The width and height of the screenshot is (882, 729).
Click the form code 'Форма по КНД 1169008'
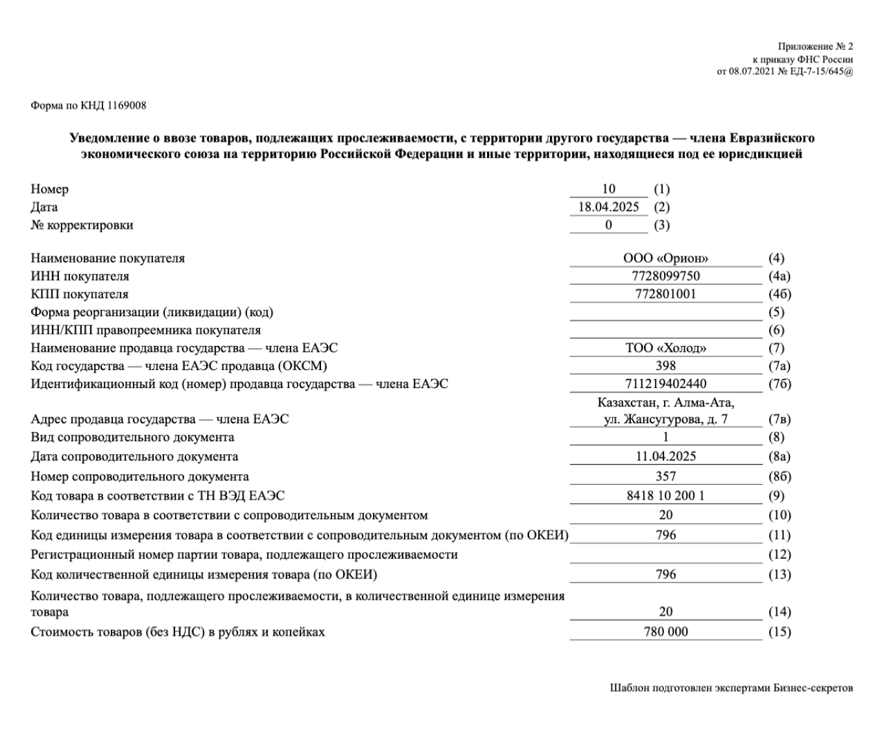[88, 106]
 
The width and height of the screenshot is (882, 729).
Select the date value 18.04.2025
[608, 207]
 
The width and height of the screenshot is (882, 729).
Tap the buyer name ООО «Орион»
[665, 259]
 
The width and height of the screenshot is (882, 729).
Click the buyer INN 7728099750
[665, 276]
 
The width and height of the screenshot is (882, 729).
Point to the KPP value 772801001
[665, 294]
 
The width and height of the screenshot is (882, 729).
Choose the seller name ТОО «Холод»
[665, 348]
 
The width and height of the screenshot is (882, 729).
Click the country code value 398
[665, 366]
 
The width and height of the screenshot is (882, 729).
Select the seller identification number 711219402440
[665, 384]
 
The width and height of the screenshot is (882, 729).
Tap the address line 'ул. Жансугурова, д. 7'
[665, 419]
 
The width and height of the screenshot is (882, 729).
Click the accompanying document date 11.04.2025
[665, 457]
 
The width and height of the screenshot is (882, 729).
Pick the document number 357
[665, 477]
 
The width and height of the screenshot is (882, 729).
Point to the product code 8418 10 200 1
[665, 496]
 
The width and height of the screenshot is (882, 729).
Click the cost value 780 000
[665, 632]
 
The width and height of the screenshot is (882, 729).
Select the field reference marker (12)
[780, 555]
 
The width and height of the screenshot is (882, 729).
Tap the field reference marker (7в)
[780, 419]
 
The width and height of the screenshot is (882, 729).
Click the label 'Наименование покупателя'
[108, 259]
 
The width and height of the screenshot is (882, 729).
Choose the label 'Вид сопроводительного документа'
[132, 437]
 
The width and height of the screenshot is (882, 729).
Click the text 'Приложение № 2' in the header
[815, 47]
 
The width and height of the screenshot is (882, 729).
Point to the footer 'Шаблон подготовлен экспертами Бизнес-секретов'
[731, 688]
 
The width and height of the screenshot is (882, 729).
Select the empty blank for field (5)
[665, 312]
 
